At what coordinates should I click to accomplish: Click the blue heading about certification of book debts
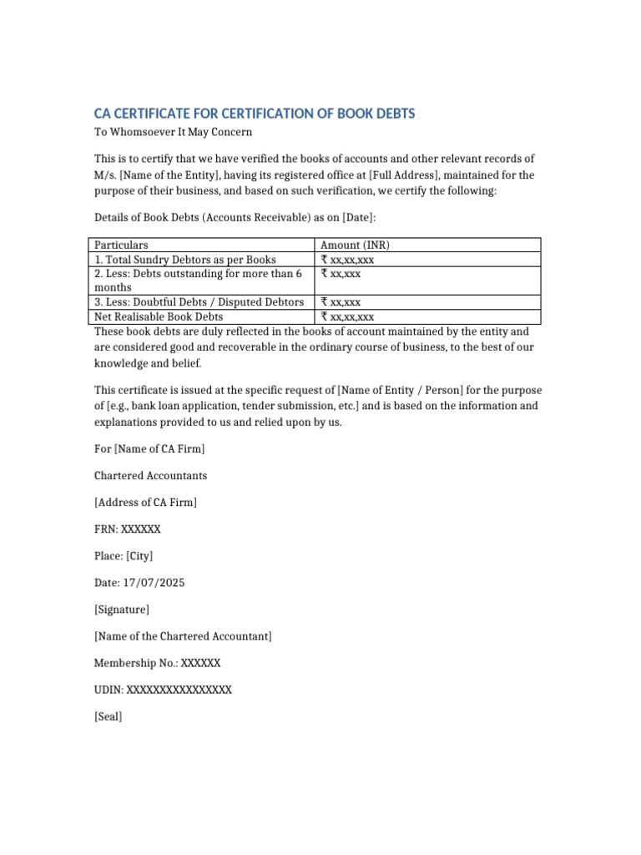254,114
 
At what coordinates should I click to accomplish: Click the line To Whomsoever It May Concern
173,132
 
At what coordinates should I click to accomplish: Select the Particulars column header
121,245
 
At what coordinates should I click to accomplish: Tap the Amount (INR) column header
355,245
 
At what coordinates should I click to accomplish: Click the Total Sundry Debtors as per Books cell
184,260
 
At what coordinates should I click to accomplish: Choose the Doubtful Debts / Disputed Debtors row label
199,301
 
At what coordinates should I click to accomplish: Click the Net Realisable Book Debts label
159,316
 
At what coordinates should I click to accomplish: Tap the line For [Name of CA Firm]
149,449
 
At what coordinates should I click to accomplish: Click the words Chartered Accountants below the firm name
150,476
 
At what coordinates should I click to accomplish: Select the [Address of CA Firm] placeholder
145,503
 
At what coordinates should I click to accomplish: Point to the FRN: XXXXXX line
128,529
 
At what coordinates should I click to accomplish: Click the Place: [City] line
124,556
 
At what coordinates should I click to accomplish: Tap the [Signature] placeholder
122,610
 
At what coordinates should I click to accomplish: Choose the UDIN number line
163,690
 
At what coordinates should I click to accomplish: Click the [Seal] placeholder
109,716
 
